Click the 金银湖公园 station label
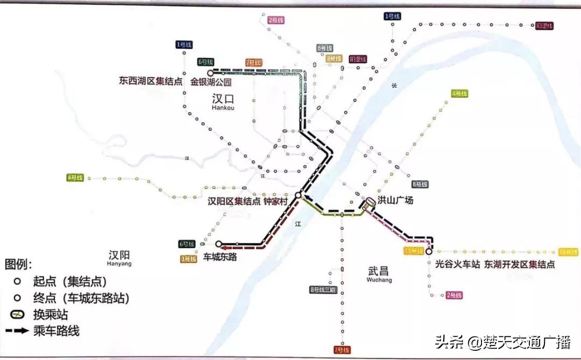[x=211, y=82]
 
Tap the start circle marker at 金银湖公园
[x=210, y=72]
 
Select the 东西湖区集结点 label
[x=151, y=82]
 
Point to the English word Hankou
[x=223, y=108]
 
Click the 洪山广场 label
[x=395, y=201]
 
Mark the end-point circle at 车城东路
[x=218, y=244]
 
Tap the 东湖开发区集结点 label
[x=519, y=264]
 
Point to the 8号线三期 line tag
[x=322, y=290]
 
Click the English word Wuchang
[x=379, y=280]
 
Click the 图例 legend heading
[x=18, y=264]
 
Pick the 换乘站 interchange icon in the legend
[x=18, y=314]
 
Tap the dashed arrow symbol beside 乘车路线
[x=18, y=331]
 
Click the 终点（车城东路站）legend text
[x=81, y=298]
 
